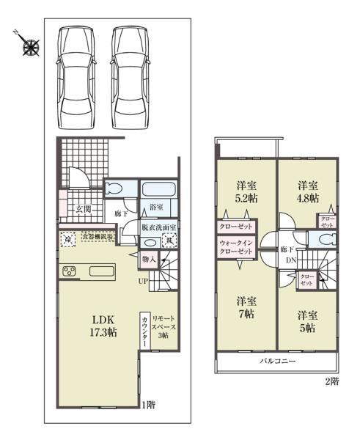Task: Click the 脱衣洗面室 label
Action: coord(159,227)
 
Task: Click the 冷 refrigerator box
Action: coord(68,239)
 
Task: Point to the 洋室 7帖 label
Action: coord(246,307)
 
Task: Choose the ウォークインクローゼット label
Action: coord(236,246)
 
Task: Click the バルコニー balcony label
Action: coord(276,362)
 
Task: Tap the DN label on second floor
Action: coord(290,260)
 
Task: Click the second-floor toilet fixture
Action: coord(324,240)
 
